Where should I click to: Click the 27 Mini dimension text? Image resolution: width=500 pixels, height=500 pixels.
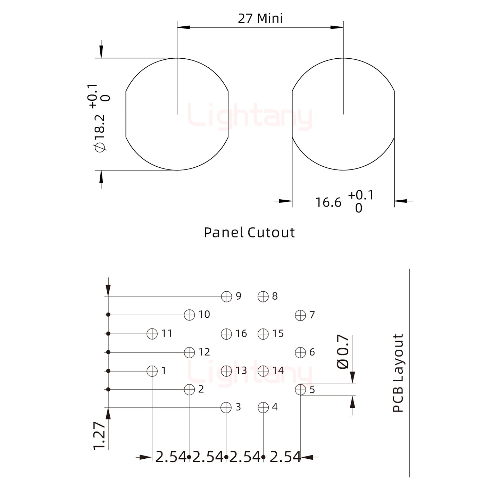coord(260,18)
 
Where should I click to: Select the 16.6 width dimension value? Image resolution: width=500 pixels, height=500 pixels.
coord(328,202)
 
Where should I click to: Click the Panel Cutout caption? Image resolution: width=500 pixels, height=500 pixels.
coord(249,233)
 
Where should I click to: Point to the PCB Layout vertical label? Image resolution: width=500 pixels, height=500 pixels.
coord(398,373)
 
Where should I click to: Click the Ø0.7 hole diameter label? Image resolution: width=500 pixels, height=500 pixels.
coord(343,352)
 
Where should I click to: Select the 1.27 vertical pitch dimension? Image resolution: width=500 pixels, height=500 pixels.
coord(100,436)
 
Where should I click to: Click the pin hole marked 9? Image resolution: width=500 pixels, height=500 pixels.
coord(226,297)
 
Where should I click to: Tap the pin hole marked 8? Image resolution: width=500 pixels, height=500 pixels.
coord(263,297)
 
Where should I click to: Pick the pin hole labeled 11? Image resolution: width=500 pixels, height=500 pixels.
coord(152,334)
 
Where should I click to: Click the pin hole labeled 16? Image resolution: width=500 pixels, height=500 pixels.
coord(226,334)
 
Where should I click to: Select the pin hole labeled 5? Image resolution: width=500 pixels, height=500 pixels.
coord(300,390)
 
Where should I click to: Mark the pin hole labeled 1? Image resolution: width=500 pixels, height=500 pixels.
coord(152,371)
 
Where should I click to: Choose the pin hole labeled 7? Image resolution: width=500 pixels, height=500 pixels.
coord(300,315)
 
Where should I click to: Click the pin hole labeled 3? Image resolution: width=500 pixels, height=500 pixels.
coord(226,407)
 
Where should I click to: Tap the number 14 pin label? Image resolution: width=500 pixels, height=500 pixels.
coord(278,370)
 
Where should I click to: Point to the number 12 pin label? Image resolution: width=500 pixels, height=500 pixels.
coord(204,352)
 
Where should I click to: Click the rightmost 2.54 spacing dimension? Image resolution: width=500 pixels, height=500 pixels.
coord(285,457)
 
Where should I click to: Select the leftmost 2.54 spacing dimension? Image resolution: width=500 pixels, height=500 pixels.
coord(170,457)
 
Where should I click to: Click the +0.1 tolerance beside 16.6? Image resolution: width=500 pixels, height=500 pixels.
coord(361,195)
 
